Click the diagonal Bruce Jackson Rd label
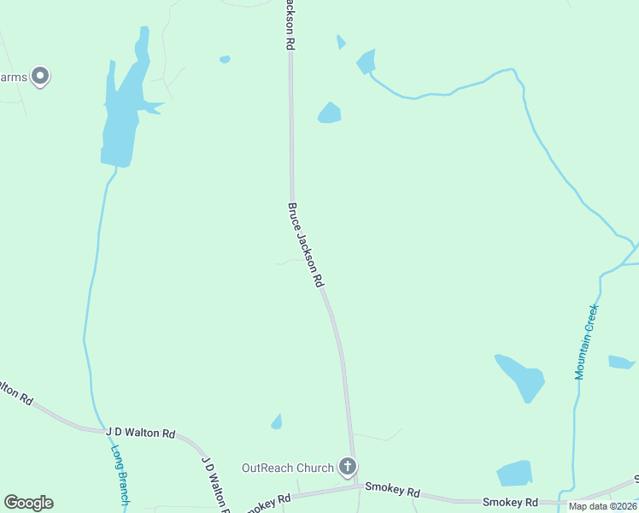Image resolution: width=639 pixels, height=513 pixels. [x=306, y=245]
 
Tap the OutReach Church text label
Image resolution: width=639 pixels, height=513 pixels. [x=288, y=468]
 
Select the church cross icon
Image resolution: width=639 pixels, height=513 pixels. [x=348, y=467]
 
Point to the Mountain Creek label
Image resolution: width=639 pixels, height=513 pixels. [x=585, y=341]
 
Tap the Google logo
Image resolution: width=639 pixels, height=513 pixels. [x=28, y=503]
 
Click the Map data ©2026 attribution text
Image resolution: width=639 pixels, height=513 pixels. [x=603, y=506]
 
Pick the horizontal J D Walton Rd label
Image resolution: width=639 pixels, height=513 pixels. [x=140, y=433]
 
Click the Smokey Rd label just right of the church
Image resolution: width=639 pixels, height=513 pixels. [x=393, y=490]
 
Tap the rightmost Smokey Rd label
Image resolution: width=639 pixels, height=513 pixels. [x=510, y=502]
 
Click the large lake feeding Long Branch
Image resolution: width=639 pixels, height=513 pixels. [x=123, y=111]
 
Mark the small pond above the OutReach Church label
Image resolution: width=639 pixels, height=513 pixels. [x=277, y=422]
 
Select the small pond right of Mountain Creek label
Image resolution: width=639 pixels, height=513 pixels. [x=621, y=363]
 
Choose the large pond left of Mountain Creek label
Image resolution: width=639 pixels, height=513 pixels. [x=521, y=376]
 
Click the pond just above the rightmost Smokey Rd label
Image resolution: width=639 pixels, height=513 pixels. [x=515, y=474]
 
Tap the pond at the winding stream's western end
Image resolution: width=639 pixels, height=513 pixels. [x=366, y=62]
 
